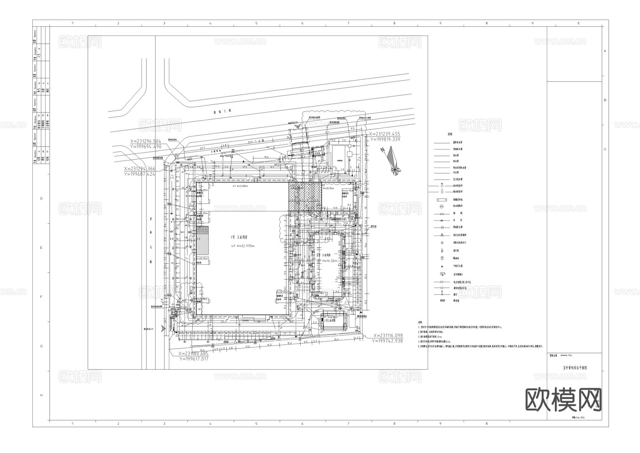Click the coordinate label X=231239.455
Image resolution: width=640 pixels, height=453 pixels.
pos(384,134)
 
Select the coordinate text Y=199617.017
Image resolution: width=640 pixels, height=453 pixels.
pos(194,359)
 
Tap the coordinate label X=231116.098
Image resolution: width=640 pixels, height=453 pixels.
pos(388,336)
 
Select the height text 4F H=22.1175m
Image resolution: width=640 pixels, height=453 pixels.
pos(243,246)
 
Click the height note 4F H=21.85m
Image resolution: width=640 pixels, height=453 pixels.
pos(240,186)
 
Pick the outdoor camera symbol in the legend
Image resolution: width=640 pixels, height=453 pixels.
pos(442,274)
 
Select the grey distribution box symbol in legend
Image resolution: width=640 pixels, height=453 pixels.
pos(442,301)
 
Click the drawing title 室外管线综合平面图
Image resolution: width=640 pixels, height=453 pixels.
pos(575,368)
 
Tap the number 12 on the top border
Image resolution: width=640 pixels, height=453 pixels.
pos(578,23)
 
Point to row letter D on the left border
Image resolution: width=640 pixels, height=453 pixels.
pos(41,199)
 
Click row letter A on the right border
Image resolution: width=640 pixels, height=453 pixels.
pos(605,51)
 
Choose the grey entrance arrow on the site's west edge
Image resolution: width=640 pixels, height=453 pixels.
pos(163,328)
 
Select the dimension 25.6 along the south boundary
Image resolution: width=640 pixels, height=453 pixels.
pos(336,339)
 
